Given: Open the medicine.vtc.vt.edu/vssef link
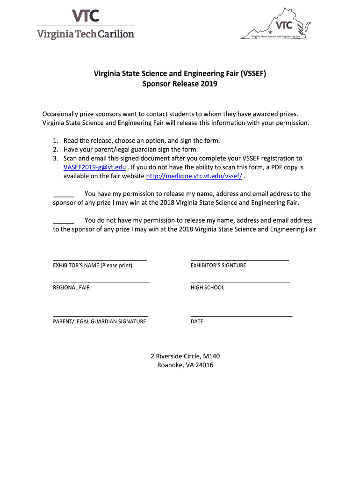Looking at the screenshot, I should tap(194, 176).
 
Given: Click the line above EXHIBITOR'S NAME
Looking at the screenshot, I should tap(100, 259).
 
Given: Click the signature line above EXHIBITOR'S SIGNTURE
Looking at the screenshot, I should tap(239, 259).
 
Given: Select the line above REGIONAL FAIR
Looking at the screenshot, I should tap(101, 282).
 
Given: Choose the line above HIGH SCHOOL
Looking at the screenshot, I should tap(240, 282).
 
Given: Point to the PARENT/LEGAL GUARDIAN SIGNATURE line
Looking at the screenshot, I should tap(100, 316).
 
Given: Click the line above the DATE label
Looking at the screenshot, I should tap(241, 316).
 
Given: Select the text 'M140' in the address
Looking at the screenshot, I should tap(212, 356).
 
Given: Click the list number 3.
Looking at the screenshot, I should tap(55, 158).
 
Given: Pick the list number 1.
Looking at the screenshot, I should tap(55, 140).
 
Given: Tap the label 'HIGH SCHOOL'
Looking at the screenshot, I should tap(207, 288).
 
